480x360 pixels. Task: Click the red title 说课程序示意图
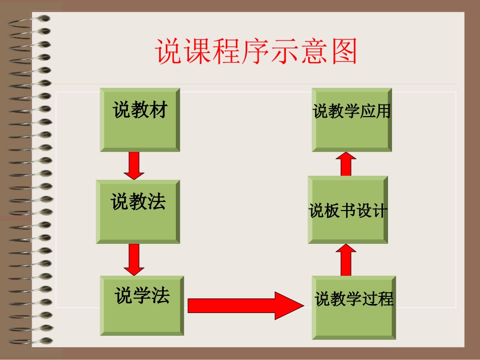click(256, 52)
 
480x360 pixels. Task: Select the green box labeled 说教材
click(140, 120)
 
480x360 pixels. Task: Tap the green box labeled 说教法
click(138, 212)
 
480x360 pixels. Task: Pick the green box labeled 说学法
click(142, 305)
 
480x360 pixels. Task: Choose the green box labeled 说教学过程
click(354, 307)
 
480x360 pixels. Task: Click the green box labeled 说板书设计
click(348, 210)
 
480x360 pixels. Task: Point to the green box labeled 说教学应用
click(352, 120)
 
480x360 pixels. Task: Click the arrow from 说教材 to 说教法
click(134, 165)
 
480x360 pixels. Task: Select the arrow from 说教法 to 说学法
click(134, 260)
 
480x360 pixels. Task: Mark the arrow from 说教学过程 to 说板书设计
click(346, 260)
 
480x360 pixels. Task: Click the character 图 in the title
click(345, 52)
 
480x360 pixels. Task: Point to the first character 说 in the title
click(168, 52)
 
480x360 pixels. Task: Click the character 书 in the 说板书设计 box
click(348, 211)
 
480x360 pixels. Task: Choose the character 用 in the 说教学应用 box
click(382, 111)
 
